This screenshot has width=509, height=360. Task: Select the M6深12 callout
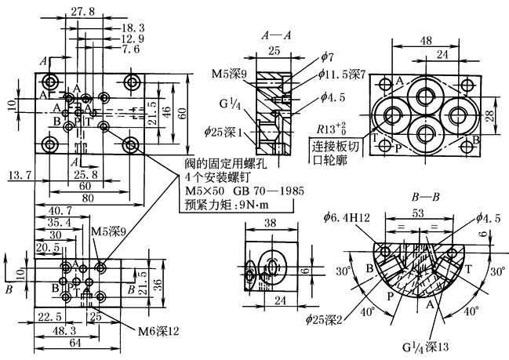tap(158, 330)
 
